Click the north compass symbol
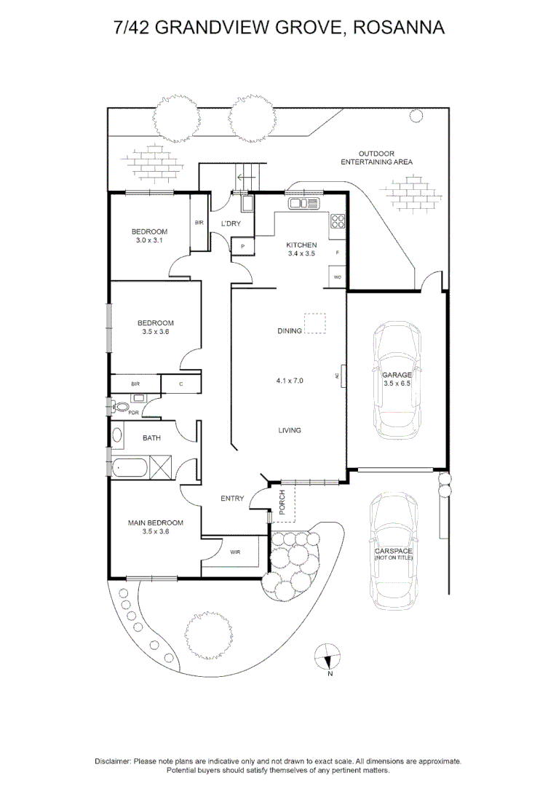coord(327,657)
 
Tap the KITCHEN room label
coord(301,245)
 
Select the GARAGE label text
coord(397,375)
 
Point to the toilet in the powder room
coord(119,406)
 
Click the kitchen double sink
coord(303,204)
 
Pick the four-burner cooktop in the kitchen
coord(338,221)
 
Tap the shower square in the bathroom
coord(160,468)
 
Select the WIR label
coord(235,552)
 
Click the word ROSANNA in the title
coord(399,28)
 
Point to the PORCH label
coord(282,502)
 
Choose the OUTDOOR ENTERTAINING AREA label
coord(376,158)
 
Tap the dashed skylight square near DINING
coord(315,323)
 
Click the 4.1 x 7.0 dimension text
coord(290,381)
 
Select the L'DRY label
coord(231,223)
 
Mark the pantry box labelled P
coord(242,247)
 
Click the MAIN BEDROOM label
coord(156,523)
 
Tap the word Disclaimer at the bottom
coord(113,761)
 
